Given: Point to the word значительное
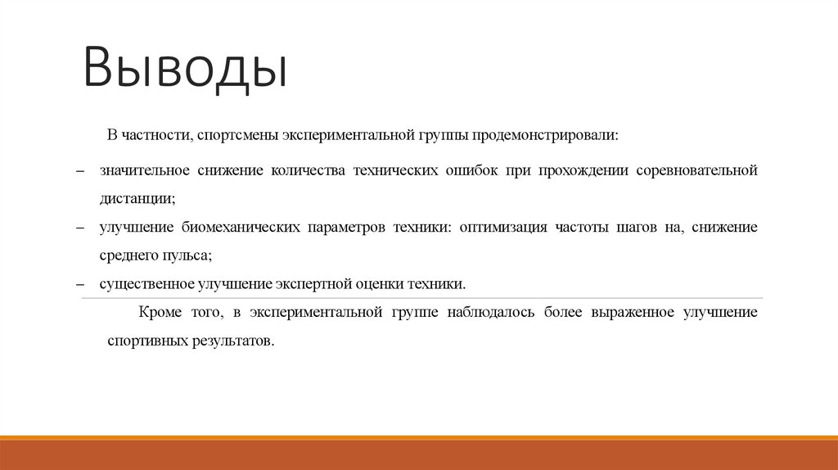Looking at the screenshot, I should click(x=145, y=171).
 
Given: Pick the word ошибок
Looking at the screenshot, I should click(x=472, y=171).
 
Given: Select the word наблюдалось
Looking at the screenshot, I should click(x=491, y=312).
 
